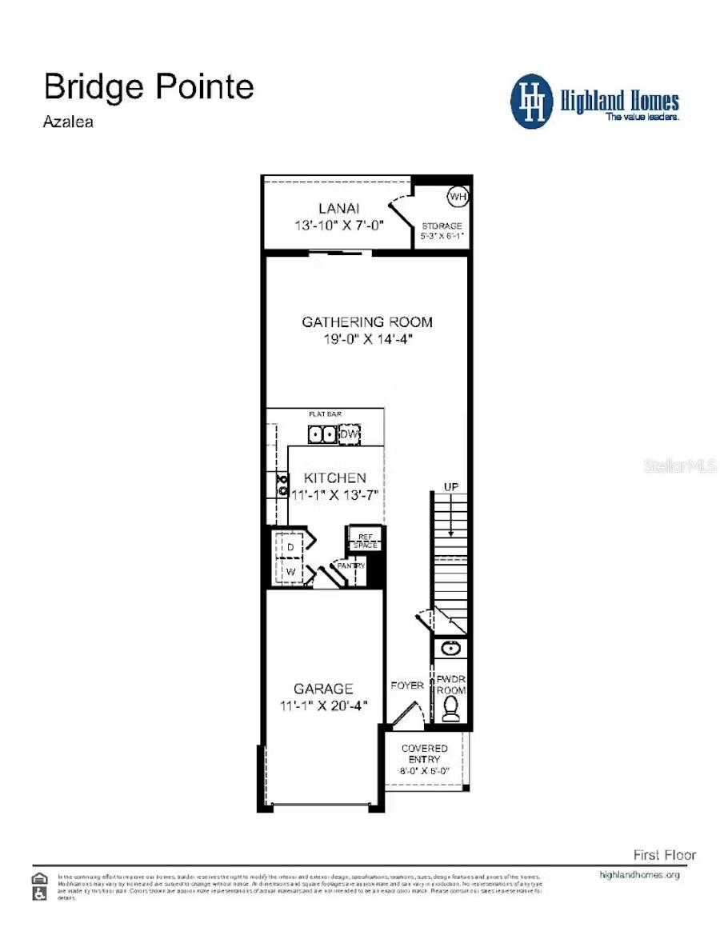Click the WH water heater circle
click(x=457, y=197)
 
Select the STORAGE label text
click(x=442, y=226)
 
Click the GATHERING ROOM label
click(x=367, y=322)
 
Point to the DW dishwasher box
click(x=350, y=434)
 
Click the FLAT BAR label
click(x=326, y=414)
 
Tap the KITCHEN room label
click(x=335, y=477)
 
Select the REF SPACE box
click(x=365, y=541)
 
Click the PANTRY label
click(x=351, y=565)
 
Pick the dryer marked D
click(x=291, y=546)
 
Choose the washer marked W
click(x=291, y=572)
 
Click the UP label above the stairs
click(x=451, y=487)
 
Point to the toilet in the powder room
click(x=451, y=708)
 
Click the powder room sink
click(x=450, y=647)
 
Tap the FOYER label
click(x=406, y=685)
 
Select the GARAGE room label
click(x=323, y=689)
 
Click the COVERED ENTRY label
click(x=424, y=753)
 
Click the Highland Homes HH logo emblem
click(x=531, y=102)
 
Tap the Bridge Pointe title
click(x=149, y=86)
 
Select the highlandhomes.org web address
click(x=639, y=875)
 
